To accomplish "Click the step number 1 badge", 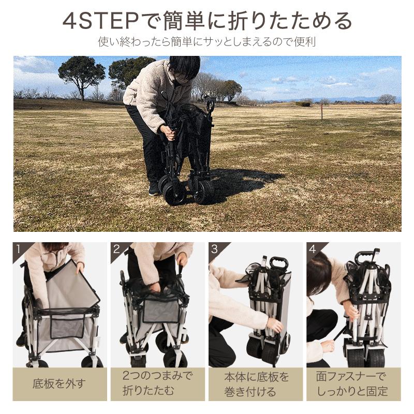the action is click(x=18, y=249).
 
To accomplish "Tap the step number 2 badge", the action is click(x=116, y=249).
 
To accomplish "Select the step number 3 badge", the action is click(x=214, y=249).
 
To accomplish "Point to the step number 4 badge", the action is click(x=313, y=249).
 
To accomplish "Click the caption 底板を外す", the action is click(x=60, y=383).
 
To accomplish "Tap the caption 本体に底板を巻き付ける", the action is click(x=256, y=384).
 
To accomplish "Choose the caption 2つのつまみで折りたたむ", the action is click(x=158, y=383).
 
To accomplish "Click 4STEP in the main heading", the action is click(x=100, y=21).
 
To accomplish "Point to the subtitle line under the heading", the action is click(x=206, y=42).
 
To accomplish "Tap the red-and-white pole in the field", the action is click(x=321, y=111).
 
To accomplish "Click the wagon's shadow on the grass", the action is click(x=235, y=182).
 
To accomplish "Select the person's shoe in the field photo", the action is click(x=154, y=189).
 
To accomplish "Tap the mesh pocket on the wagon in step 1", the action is click(x=67, y=326).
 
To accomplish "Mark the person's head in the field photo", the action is click(x=185, y=67).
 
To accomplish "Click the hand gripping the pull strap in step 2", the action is click(x=183, y=259).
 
